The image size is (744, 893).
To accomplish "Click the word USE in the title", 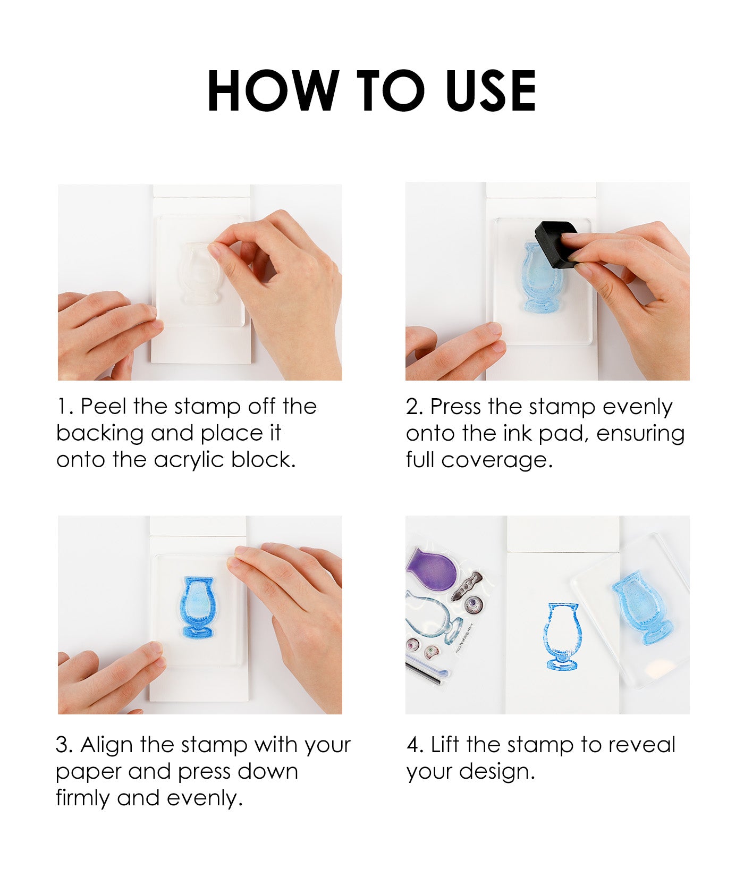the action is tap(491, 91).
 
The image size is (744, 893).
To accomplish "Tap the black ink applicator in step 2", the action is tap(556, 244).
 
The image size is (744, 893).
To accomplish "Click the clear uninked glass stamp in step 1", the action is tap(199, 273).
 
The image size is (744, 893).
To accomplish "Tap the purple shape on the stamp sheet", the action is tap(432, 568).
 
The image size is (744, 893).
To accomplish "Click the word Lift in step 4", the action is tap(445, 745).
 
